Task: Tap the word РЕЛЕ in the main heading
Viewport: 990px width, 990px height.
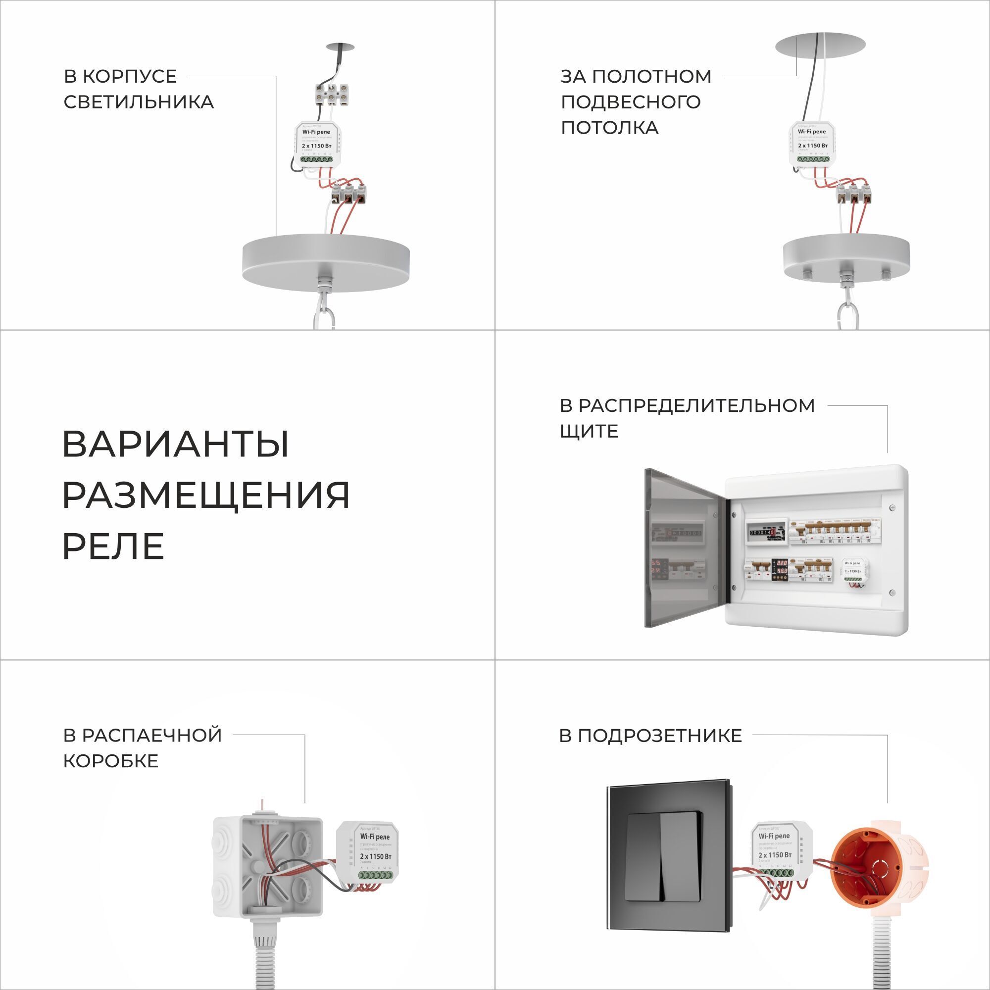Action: pyautogui.click(x=113, y=546)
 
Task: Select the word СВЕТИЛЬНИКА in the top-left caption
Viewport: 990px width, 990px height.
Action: pyautogui.click(x=139, y=102)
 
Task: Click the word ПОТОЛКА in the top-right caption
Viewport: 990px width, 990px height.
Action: pyautogui.click(x=609, y=128)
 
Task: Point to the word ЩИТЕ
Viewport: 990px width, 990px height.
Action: pyautogui.click(x=589, y=431)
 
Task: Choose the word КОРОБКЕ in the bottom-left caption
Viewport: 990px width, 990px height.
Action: pyautogui.click(x=111, y=761)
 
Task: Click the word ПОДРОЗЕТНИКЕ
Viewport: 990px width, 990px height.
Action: pyautogui.click(x=650, y=736)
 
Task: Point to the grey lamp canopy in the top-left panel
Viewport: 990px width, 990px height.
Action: pyautogui.click(x=326, y=262)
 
